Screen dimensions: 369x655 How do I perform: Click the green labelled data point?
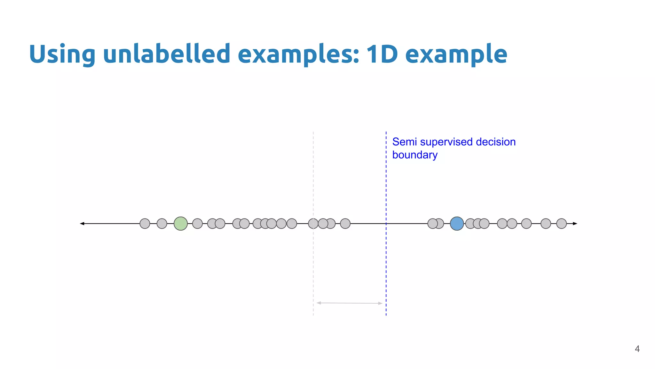[180, 224]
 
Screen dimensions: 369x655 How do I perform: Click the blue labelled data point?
[457, 224]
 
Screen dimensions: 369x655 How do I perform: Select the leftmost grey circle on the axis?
[145, 224]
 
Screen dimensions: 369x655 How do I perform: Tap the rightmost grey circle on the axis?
[561, 224]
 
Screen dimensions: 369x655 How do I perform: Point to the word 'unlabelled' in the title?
[166, 54]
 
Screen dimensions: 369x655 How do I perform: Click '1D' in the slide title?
[382, 54]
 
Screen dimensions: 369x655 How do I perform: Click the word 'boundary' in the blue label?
[415, 155]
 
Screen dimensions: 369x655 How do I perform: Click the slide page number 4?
[637, 349]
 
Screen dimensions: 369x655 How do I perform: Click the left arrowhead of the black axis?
[82, 224]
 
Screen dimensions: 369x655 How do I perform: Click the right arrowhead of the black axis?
[575, 224]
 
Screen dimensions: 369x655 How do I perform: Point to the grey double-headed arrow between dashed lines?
[349, 303]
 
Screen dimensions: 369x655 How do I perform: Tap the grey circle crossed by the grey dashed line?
[313, 224]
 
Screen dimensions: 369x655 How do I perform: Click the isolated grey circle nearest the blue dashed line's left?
[345, 224]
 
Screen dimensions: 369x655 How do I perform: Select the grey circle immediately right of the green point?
[197, 224]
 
